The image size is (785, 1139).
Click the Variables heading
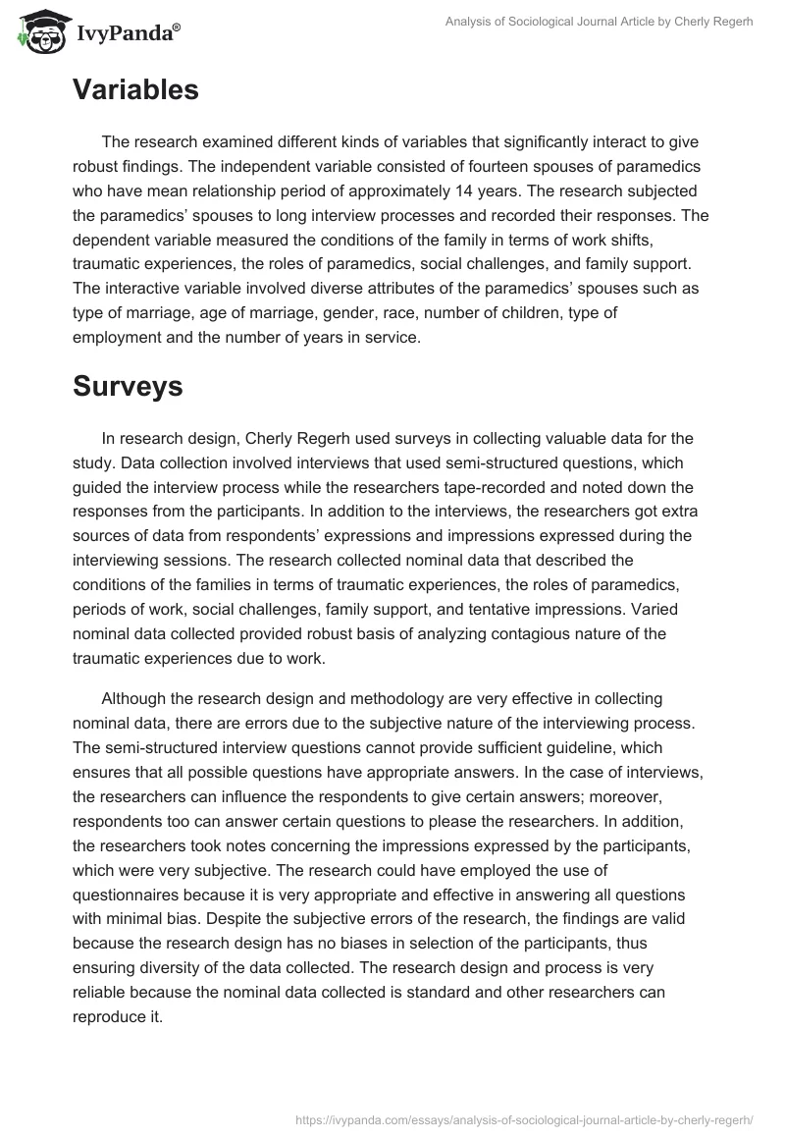(x=135, y=90)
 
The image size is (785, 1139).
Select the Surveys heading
(x=128, y=386)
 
